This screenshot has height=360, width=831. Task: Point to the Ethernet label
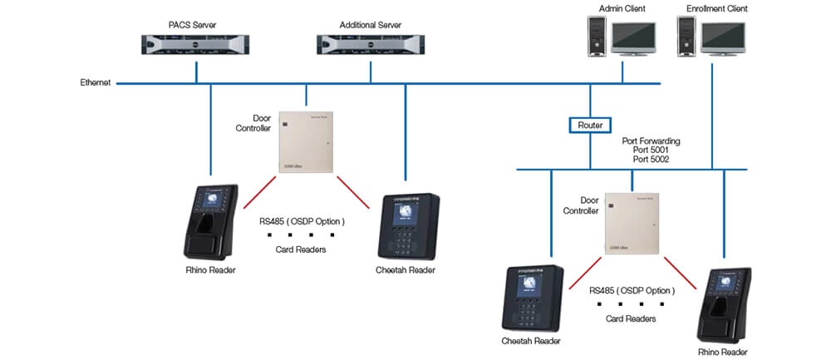96,83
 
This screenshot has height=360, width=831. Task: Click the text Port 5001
652,150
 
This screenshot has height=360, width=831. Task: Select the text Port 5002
652,159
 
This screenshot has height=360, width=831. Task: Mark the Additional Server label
370,25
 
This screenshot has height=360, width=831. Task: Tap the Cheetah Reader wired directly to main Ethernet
407,227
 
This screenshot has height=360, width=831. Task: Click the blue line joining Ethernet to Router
589,101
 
